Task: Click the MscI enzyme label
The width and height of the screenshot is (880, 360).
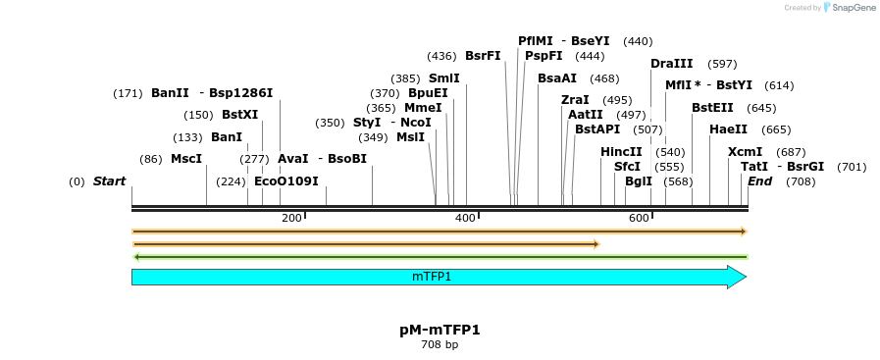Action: point(186,159)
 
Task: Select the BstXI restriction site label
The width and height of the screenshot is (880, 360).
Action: point(239,115)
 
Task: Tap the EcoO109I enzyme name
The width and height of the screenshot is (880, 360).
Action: point(286,181)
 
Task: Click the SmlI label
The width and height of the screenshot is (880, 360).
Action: point(444,78)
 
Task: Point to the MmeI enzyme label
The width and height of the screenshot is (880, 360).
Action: point(423,108)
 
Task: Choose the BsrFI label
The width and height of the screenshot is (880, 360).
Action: point(483,56)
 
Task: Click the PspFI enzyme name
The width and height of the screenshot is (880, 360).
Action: point(544,56)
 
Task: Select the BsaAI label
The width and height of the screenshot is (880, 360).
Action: point(557,78)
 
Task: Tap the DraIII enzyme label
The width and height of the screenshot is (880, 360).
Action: point(672,64)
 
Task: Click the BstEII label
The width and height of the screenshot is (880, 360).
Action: point(712,108)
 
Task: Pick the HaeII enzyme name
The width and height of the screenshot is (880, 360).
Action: point(728,129)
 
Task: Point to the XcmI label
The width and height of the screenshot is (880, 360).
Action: point(745,152)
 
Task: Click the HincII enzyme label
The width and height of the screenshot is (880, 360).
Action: point(621,152)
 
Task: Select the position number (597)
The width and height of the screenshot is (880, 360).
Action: point(722,64)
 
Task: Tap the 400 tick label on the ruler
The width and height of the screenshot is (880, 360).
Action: point(465,218)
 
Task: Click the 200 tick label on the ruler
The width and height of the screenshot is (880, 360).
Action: point(291,218)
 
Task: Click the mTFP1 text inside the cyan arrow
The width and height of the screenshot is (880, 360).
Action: point(432,278)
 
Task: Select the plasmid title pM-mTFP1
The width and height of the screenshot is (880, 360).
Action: point(440,330)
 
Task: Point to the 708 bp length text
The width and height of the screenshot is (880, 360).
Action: point(440,345)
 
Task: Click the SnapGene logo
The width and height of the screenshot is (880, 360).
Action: point(850,8)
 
